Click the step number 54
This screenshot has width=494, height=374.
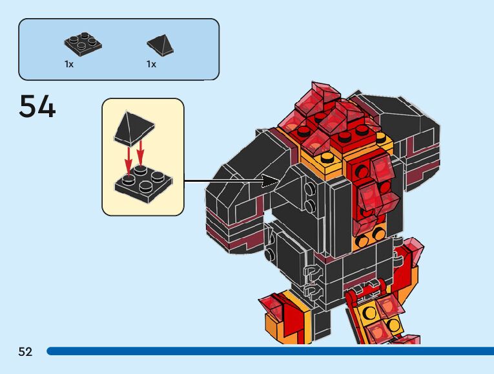pos(37,107)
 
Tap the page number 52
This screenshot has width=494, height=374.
pos(25,351)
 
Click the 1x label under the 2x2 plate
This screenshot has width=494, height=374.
pos(69,64)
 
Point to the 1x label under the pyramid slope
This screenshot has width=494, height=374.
pos(151,64)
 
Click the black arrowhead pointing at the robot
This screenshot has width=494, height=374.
pos(271,181)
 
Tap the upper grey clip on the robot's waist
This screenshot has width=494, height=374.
pos(313,270)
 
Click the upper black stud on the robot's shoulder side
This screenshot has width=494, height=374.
pos(311,188)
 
